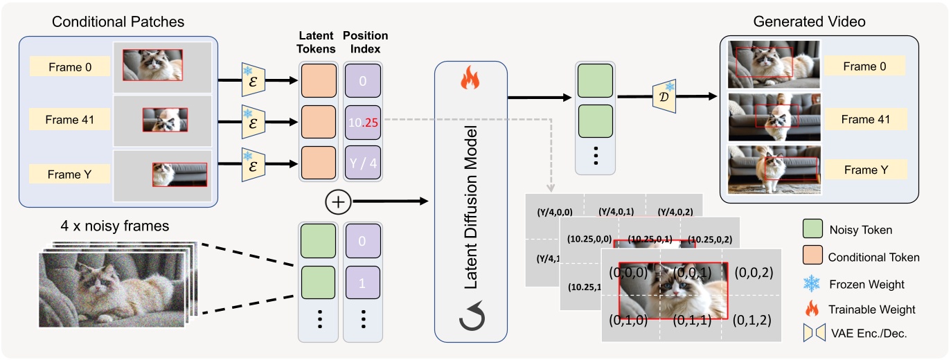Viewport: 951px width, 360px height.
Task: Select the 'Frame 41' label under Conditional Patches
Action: (x=69, y=119)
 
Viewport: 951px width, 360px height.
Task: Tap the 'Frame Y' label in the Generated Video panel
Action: (x=863, y=169)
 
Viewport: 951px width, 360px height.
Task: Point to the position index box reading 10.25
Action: (x=362, y=122)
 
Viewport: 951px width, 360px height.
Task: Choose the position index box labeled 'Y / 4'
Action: (x=362, y=164)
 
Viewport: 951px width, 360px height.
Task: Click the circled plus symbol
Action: (x=338, y=201)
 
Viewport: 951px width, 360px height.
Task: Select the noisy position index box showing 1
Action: (x=362, y=284)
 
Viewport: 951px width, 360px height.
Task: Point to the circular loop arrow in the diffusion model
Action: (x=470, y=319)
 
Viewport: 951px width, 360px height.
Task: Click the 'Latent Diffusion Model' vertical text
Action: (x=471, y=201)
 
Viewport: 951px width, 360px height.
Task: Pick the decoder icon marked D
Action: (x=664, y=96)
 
